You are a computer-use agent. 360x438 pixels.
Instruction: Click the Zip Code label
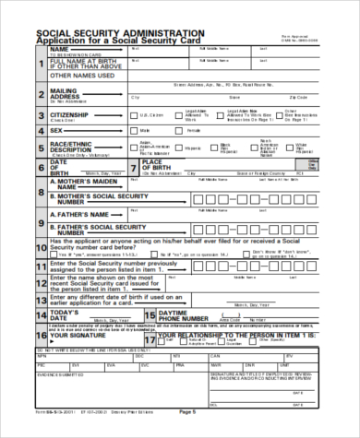tap(296, 97)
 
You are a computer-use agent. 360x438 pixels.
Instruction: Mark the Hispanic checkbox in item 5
tap(182, 148)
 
